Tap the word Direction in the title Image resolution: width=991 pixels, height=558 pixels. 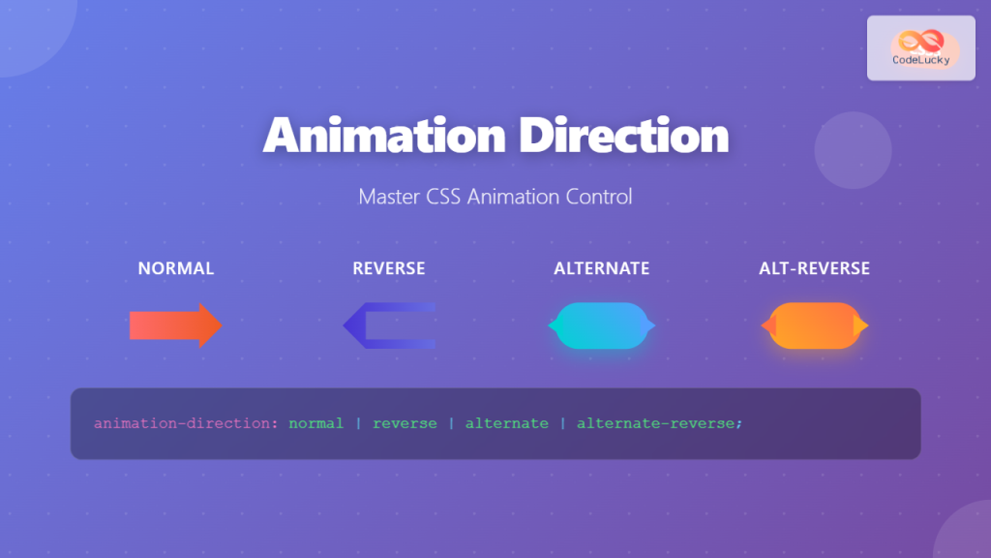624,136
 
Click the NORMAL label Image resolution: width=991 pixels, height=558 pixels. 176,268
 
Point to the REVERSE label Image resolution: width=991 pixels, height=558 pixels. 389,268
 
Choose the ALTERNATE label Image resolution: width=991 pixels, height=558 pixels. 601,268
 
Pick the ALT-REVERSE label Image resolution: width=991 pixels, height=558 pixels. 814,268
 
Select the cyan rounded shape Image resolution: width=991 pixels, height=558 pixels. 601,325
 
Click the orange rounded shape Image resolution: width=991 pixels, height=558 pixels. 814,325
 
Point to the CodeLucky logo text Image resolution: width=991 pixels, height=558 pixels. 920,60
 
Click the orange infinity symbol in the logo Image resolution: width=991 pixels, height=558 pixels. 920,42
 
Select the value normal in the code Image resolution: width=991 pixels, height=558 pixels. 315,423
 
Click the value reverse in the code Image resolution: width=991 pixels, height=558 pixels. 405,423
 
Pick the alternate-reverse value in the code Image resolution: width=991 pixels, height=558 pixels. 659,423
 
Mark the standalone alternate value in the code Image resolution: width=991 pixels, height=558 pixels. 506,423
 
